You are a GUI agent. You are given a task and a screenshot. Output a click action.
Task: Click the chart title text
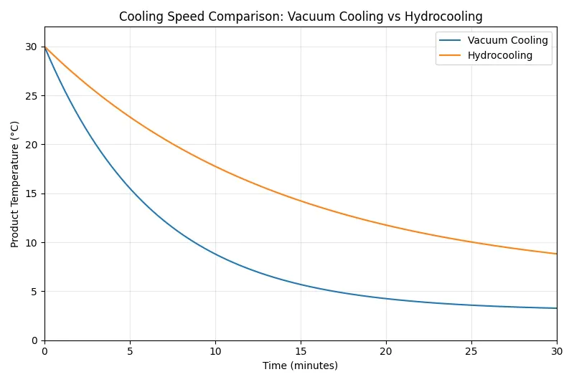pyautogui.click(x=301, y=16)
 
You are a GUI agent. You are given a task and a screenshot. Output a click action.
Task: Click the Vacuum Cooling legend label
pyautogui.click(x=507, y=41)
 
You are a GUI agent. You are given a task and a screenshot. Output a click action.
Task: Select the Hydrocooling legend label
pyautogui.click(x=500, y=55)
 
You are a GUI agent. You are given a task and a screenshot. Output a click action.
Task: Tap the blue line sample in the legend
pyautogui.click(x=450, y=41)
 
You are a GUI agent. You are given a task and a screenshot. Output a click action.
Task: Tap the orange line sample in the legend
pyautogui.click(x=450, y=55)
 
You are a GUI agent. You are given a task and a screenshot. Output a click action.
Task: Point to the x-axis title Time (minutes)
pyautogui.click(x=300, y=366)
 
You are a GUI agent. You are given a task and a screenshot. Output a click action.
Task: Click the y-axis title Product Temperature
pyautogui.click(x=15, y=184)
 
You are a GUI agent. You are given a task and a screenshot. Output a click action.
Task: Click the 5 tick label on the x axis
pyautogui.click(x=130, y=351)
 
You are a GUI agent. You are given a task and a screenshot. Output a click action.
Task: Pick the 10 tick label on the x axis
pyautogui.click(x=215, y=351)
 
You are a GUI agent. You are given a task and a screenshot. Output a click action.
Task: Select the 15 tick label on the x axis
pyautogui.click(x=301, y=351)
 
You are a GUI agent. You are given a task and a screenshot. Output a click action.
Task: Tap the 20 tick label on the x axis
pyautogui.click(x=386, y=351)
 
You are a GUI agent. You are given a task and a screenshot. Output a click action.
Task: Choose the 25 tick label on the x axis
pyautogui.click(x=471, y=351)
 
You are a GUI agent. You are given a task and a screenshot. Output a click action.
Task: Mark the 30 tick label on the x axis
pyautogui.click(x=556, y=351)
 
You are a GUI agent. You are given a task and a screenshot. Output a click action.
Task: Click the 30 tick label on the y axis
pyautogui.click(x=31, y=47)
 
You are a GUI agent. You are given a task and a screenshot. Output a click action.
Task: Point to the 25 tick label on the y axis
pyautogui.click(x=31, y=95)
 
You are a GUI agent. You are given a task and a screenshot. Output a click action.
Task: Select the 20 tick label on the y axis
pyautogui.click(x=31, y=145)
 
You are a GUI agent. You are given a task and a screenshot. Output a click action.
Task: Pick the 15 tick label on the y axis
pyautogui.click(x=31, y=194)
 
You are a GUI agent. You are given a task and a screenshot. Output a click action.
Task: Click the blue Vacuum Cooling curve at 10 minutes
pyautogui.click(x=215, y=254)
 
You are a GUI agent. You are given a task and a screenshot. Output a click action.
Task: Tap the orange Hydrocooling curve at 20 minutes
pyautogui.click(x=386, y=225)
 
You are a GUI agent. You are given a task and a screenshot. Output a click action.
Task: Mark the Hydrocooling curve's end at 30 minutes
pyautogui.click(x=556, y=254)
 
